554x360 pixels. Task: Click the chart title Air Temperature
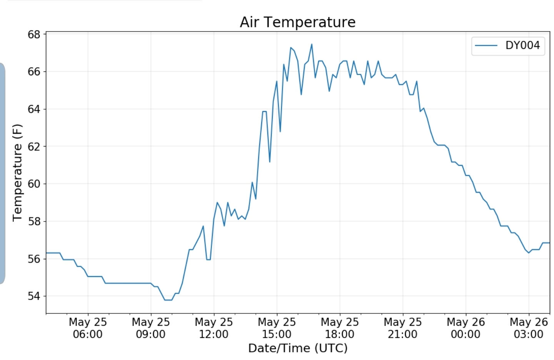[x=297, y=22]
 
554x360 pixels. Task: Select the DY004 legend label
[x=522, y=45]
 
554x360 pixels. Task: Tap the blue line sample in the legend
[x=486, y=46]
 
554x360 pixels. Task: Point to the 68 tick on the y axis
[x=34, y=35]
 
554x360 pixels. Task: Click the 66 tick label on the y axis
[x=34, y=72]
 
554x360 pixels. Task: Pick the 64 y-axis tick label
[x=34, y=109]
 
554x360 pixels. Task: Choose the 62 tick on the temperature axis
[x=34, y=147]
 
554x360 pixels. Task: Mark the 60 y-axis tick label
[x=34, y=184]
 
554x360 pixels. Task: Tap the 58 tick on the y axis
[x=34, y=222]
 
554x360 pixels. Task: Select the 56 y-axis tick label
[x=34, y=259]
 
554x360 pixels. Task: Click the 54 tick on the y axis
[x=34, y=296]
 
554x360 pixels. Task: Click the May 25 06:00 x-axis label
[x=88, y=328]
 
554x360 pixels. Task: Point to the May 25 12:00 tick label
[x=214, y=328]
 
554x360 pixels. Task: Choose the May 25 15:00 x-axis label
[x=277, y=328]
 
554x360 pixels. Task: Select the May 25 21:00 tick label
[x=402, y=328]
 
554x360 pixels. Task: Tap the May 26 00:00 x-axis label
[x=466, y=328]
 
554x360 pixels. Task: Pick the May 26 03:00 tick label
[x=529, y=328]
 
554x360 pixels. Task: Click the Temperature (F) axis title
[x=18, y=172]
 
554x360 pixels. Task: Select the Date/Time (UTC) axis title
[x=298, y=348]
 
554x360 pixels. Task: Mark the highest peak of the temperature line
[x=312, y=44]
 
